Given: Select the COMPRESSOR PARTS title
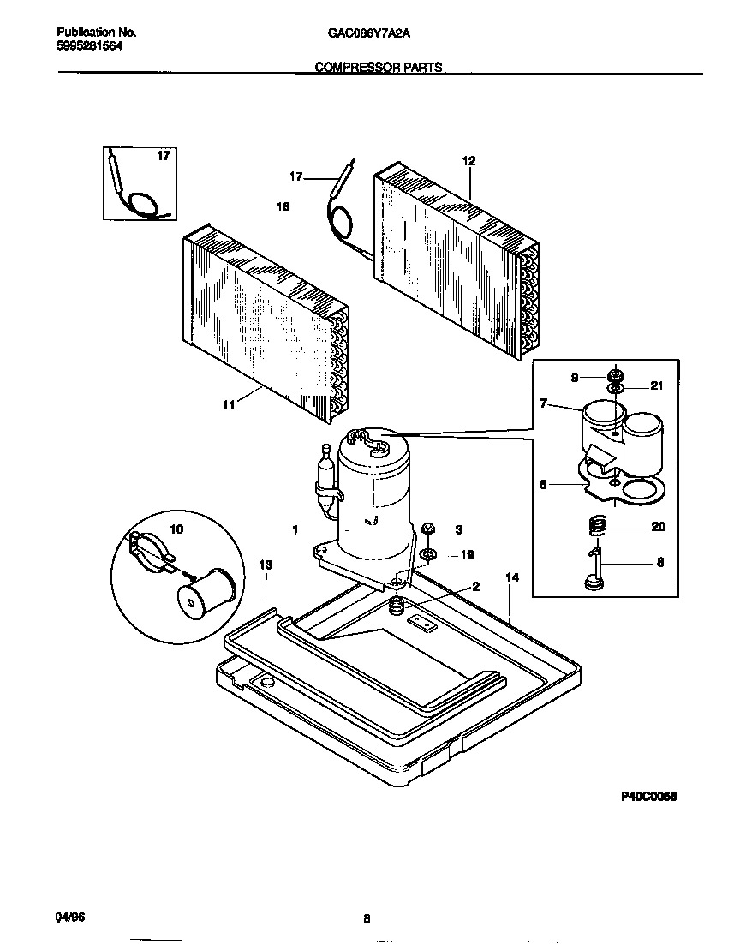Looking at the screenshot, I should click(379, 68).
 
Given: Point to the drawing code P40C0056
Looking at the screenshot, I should click(648, 796).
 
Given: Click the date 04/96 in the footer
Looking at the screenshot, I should click(69, 917).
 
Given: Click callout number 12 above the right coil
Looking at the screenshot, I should click(468, 161).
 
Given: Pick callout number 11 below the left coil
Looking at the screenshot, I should click(229, 405).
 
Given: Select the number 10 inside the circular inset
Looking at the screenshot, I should click(176, 530).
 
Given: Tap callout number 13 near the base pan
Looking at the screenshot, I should click(266, 565).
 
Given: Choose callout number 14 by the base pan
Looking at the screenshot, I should click(511, 579).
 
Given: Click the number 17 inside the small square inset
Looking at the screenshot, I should click(163, 157).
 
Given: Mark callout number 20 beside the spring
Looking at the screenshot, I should click(658, 527).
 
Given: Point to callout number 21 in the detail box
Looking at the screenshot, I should click(656, 386).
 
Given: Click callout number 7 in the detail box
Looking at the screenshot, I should click(542, 403).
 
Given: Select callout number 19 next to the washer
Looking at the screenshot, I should click(467, 555).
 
